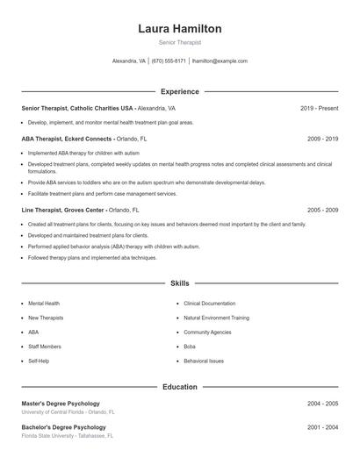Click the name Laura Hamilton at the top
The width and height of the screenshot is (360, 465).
pos(180,29)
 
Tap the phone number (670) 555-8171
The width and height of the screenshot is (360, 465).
pos(169,61)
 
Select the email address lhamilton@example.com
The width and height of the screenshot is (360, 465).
pos(220,61)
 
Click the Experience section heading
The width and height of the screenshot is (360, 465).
pos(179,91)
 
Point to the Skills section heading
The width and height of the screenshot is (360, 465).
pos(179,283)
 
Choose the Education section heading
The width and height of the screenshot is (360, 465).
pos(179,386)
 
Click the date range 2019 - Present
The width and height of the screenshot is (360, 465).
pos(319,108)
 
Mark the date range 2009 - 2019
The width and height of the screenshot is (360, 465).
pos(322,139)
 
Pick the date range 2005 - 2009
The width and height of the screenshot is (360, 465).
pos(322,211)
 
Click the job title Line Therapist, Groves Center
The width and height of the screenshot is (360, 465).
pos(63,211)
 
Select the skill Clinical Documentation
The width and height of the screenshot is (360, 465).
pos(210,303)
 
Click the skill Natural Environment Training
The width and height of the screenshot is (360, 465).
pos(216,318)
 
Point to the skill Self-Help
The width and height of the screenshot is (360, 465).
pos(39,361)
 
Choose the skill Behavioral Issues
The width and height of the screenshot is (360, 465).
pos(204,361)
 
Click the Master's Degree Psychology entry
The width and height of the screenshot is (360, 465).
pos(61,404)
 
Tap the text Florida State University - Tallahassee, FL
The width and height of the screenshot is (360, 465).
pos(68,435)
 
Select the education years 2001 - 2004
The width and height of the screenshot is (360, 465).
pos(322,427)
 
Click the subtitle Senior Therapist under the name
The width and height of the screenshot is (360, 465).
pos(180,42)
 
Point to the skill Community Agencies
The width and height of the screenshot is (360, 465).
pos(207,333)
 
